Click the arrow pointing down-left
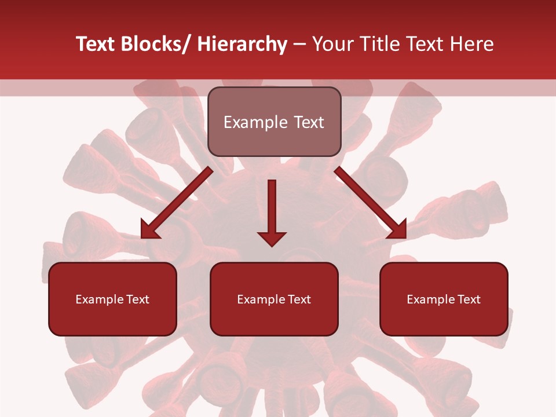click(177, 203)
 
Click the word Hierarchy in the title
click(242, 44)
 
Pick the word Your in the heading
click(331, 44)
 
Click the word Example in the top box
click(255, 123)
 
